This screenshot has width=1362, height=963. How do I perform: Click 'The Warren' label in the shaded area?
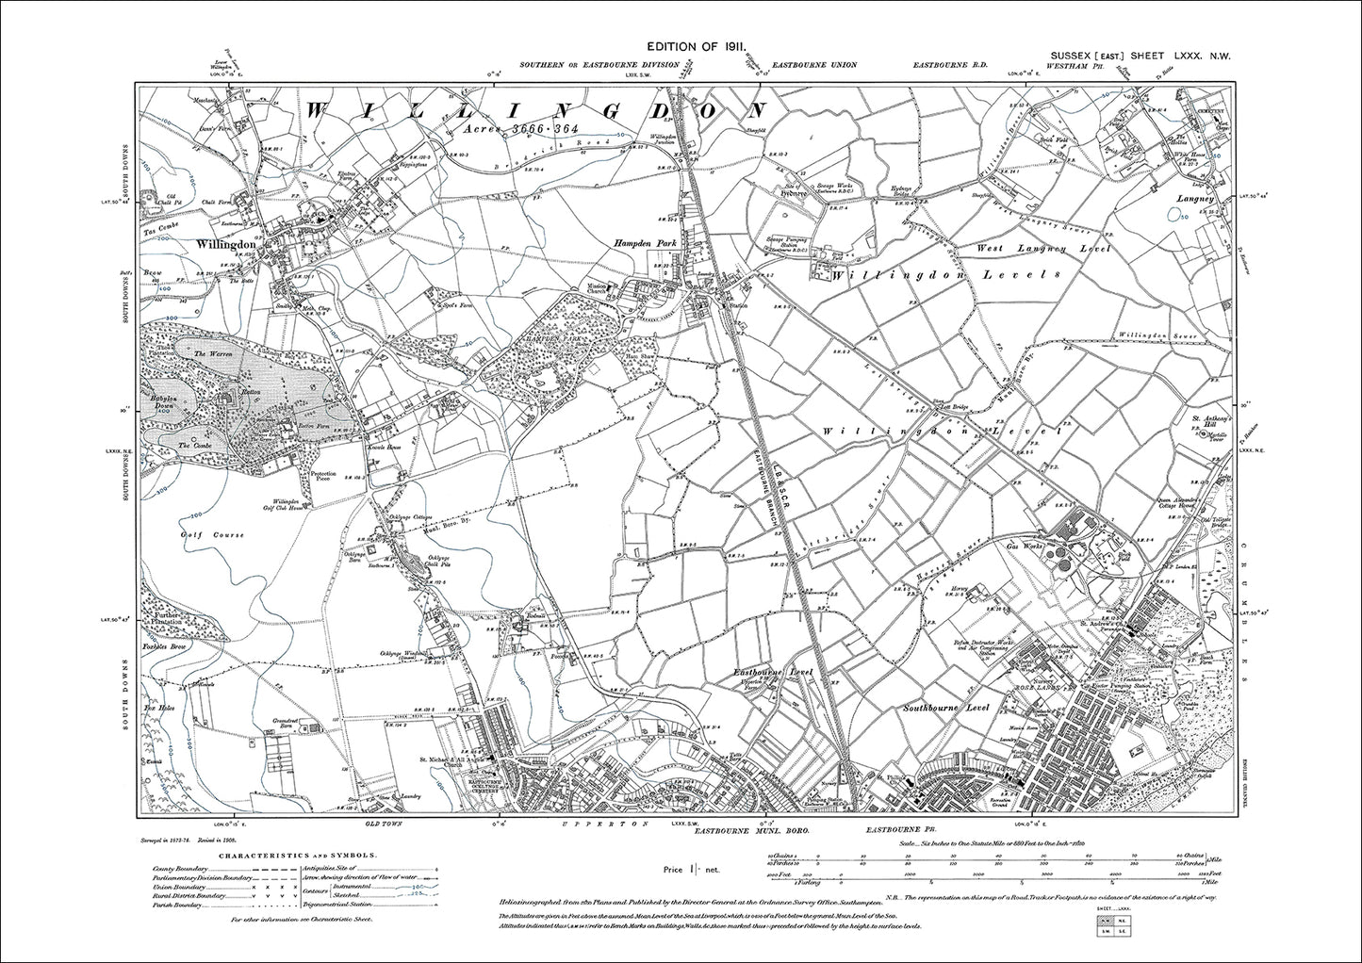click(206, 352)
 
